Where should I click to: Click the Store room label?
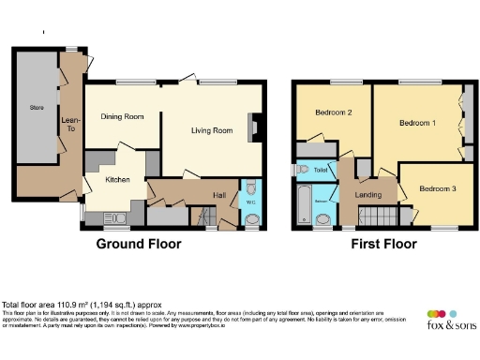[x=37, y=109]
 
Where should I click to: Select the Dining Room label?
[x=122, y=116]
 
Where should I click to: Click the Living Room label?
[x=212, y=130]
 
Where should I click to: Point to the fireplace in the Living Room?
[x=253, y=126]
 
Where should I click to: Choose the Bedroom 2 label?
[x=333, y=113]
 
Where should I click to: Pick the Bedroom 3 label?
[x=437, y=188]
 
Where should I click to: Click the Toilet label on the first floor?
[x=321, y=171]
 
